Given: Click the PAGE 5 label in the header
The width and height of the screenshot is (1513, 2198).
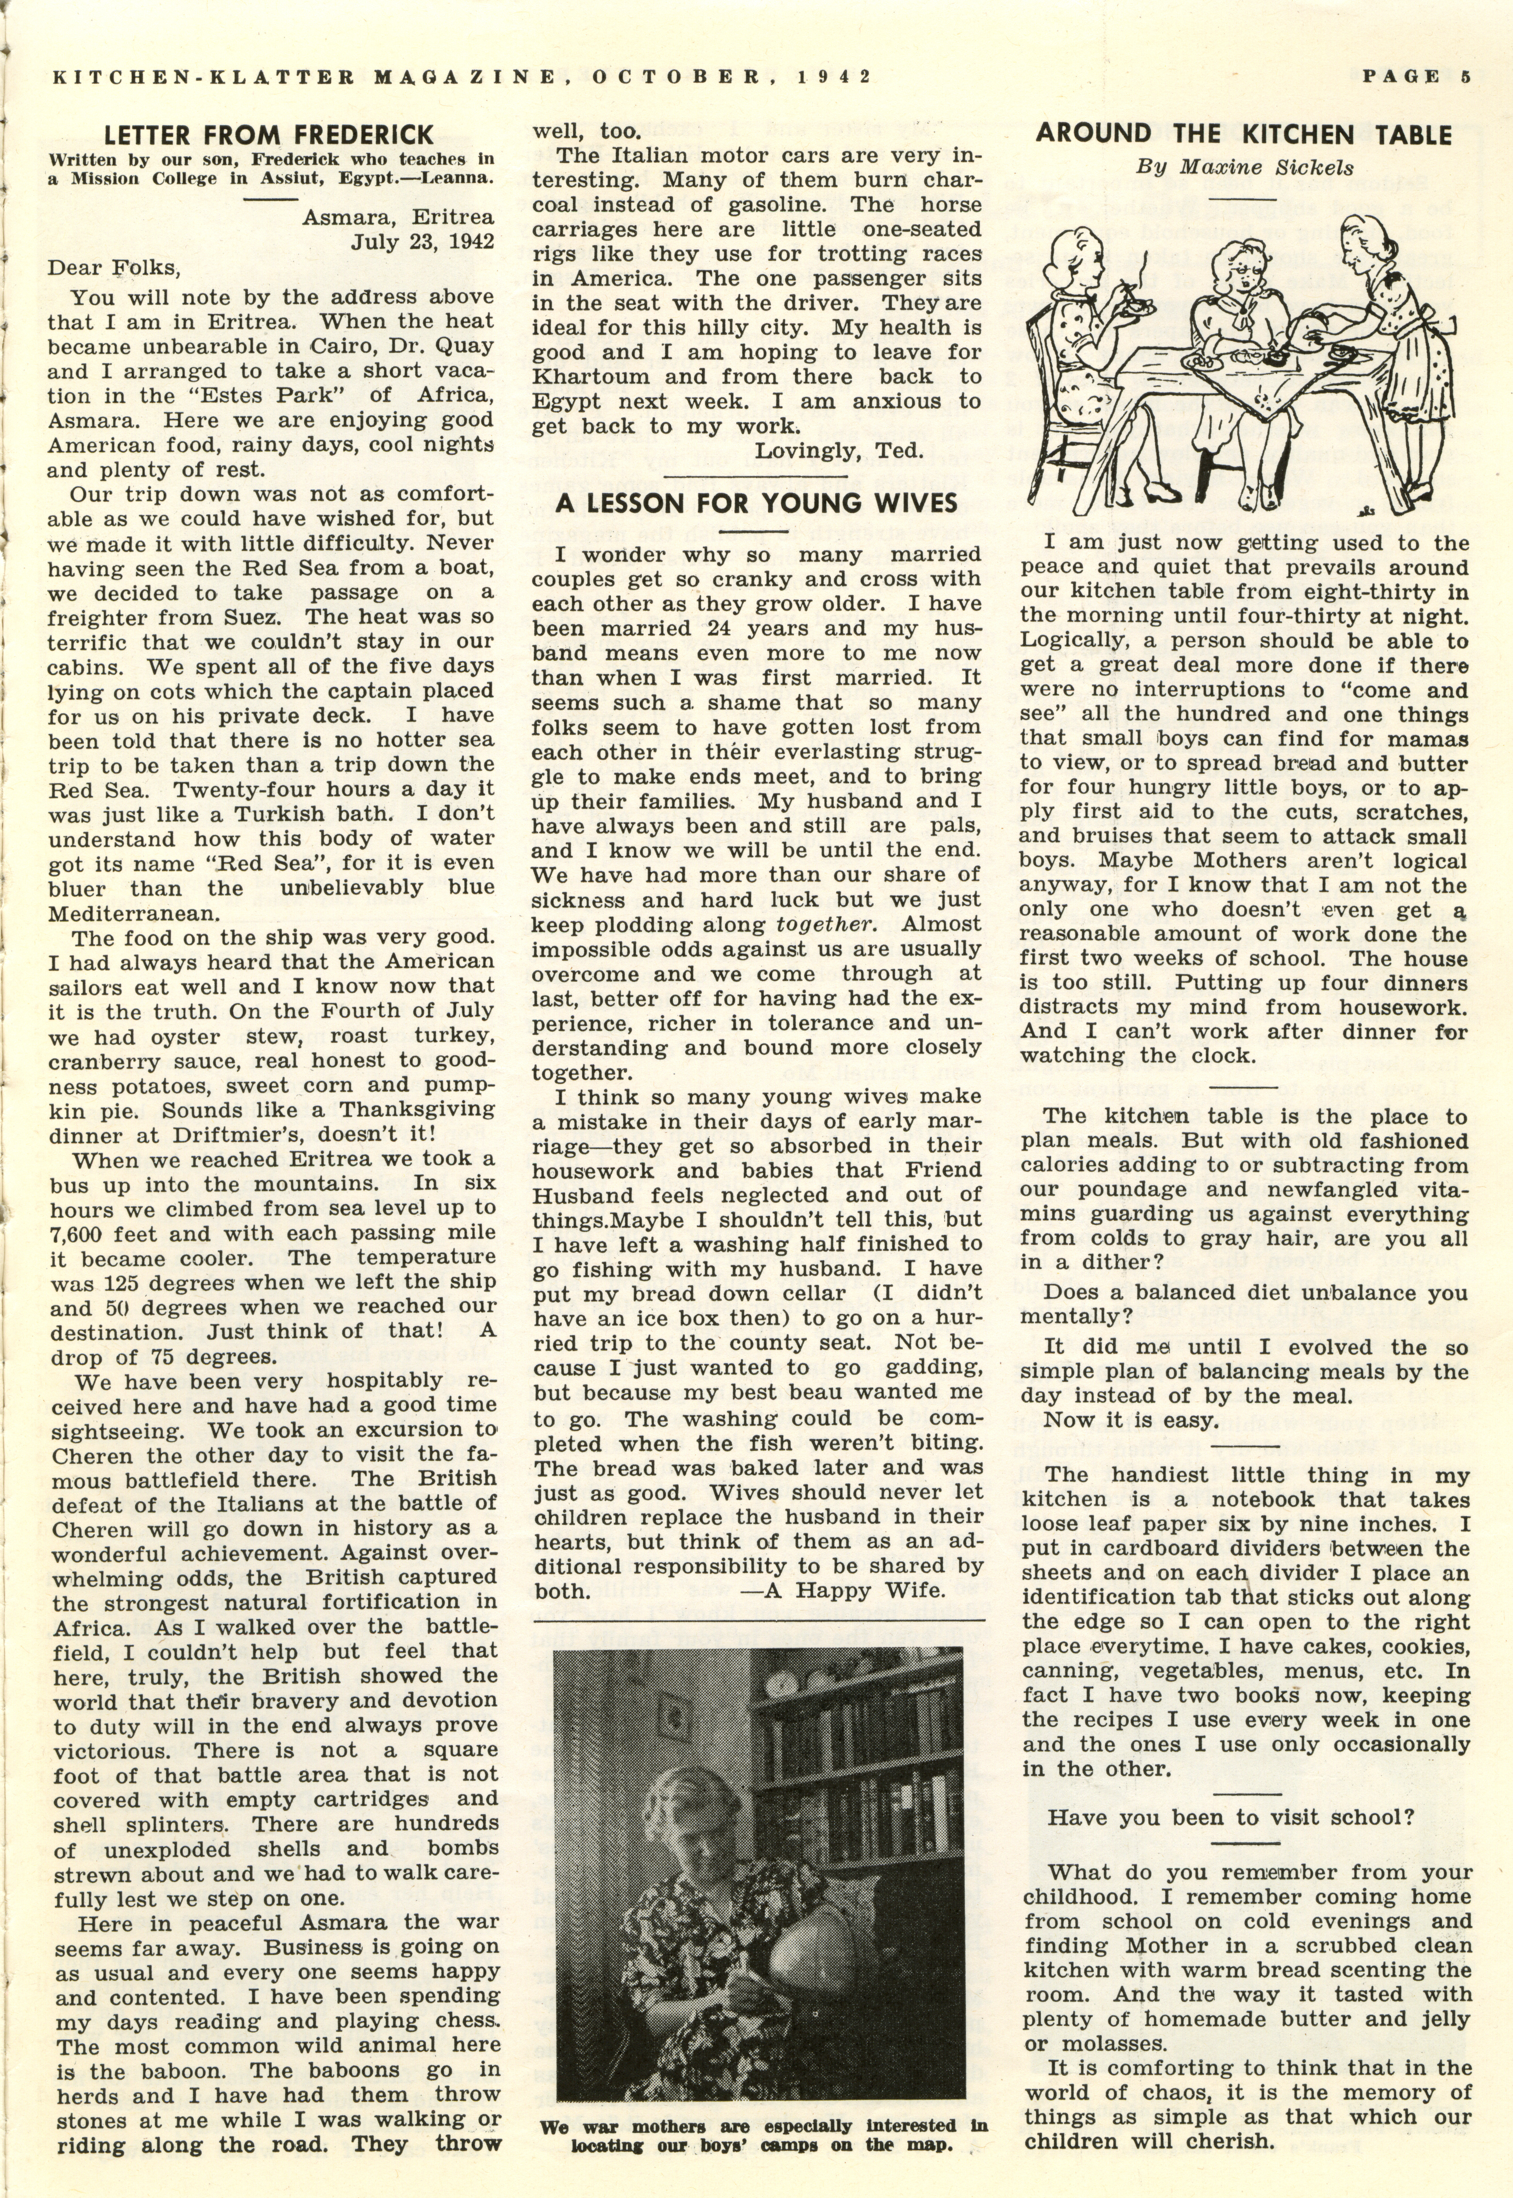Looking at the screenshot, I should [1416, 77].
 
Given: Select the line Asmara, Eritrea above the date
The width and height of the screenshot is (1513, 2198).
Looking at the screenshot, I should [398, 217].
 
